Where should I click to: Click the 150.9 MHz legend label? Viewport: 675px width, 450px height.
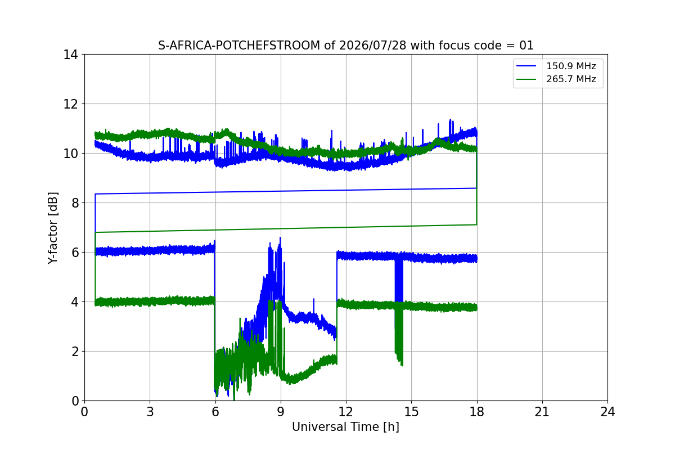[x=571, y=66]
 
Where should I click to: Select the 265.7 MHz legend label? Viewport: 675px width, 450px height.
[x=571, y=79]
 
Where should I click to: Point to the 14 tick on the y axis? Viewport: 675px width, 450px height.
[x=70, y=55]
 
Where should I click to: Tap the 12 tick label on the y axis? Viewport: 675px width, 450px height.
[x=70, y=104]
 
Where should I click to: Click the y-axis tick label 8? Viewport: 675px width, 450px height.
[x=74, y=203]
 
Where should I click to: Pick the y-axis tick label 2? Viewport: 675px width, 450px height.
[x=74, y=352]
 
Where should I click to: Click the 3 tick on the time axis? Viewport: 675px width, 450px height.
[x=150, y=412]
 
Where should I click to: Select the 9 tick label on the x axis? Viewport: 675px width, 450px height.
[x=281, y=412]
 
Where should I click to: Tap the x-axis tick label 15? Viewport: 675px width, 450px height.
[x=411, y=412]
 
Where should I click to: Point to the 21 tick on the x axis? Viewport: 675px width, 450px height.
[x=542, y=412]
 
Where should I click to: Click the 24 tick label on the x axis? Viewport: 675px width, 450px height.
[x=607, y=412]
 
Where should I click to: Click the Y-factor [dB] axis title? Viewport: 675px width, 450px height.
[x=52, y=228]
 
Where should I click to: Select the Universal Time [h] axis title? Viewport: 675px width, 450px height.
[x=345, y=427]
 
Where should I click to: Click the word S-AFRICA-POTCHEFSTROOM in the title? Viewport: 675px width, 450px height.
[x=239, y=46]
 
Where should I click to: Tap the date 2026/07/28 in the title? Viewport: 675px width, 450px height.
[x=372, y=46]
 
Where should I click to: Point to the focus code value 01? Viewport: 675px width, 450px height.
[x=526, y=46]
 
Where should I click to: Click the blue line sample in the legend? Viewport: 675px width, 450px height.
[x=526, y=66]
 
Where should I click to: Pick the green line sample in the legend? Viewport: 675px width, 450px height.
[x=526, y=79]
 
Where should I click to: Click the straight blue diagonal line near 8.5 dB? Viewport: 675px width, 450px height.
[x=286, y=191]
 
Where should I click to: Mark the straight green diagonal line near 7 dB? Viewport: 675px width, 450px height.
[x=286, y=228]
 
